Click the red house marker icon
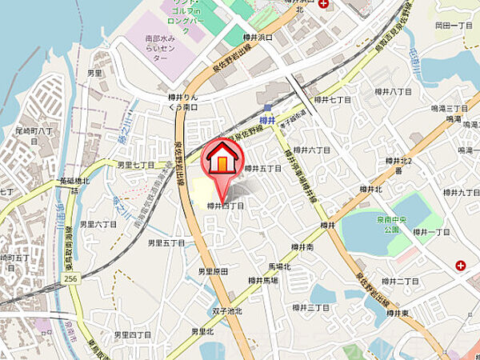223,159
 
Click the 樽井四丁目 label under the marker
225,206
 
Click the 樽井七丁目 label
334,100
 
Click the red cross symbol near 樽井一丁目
461,265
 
